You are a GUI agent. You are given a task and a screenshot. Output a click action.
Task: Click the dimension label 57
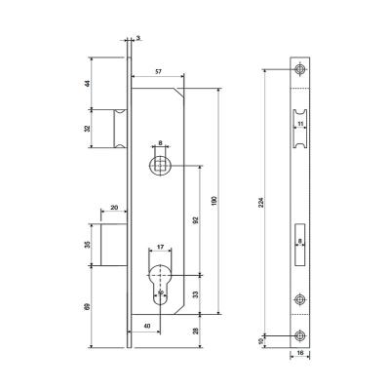pos(157,73)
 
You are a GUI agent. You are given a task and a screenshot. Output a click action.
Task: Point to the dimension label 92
pos(198,220)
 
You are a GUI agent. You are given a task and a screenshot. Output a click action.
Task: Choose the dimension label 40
pos(146,325)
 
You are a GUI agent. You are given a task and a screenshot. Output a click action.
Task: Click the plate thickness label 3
pos(138,38)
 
